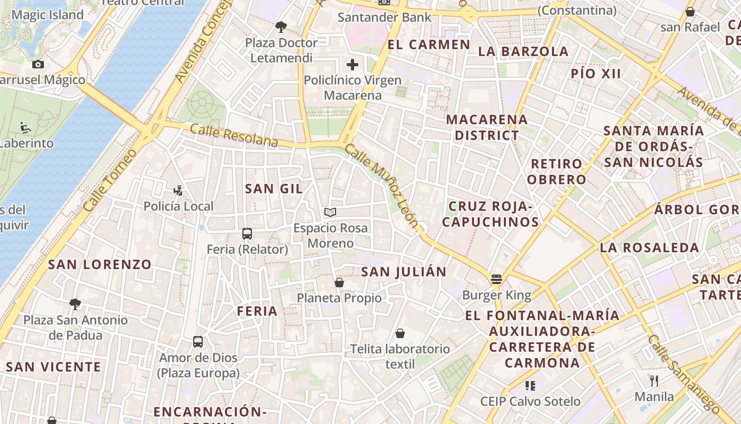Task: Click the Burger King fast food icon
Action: (x=496, y=279)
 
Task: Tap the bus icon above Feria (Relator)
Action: (x=247, y=233)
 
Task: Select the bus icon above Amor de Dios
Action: (x=198, y=342)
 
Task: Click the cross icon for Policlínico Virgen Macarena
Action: (x=353, y=65)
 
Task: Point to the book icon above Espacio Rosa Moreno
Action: (x=330, y=213)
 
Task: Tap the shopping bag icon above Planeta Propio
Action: (x=339, y=282)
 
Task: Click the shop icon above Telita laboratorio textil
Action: (x=400, y=333)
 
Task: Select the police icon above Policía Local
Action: (x=178, y=190)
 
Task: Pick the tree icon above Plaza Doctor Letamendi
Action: (x=281, y=26)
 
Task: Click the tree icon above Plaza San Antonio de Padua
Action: (x=75, y=304)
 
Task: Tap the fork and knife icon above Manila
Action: (x=654, y=381)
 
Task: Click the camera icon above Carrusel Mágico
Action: (x=38, y=64)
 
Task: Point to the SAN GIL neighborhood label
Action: (x=274, y=189)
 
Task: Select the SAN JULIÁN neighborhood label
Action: (x=403, y=272)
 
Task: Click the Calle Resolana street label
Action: (x=234, y=135)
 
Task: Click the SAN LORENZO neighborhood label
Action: (x=100, y=264)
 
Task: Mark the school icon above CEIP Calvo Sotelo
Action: (x=530, y=386)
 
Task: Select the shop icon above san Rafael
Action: (x=690, y=11)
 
